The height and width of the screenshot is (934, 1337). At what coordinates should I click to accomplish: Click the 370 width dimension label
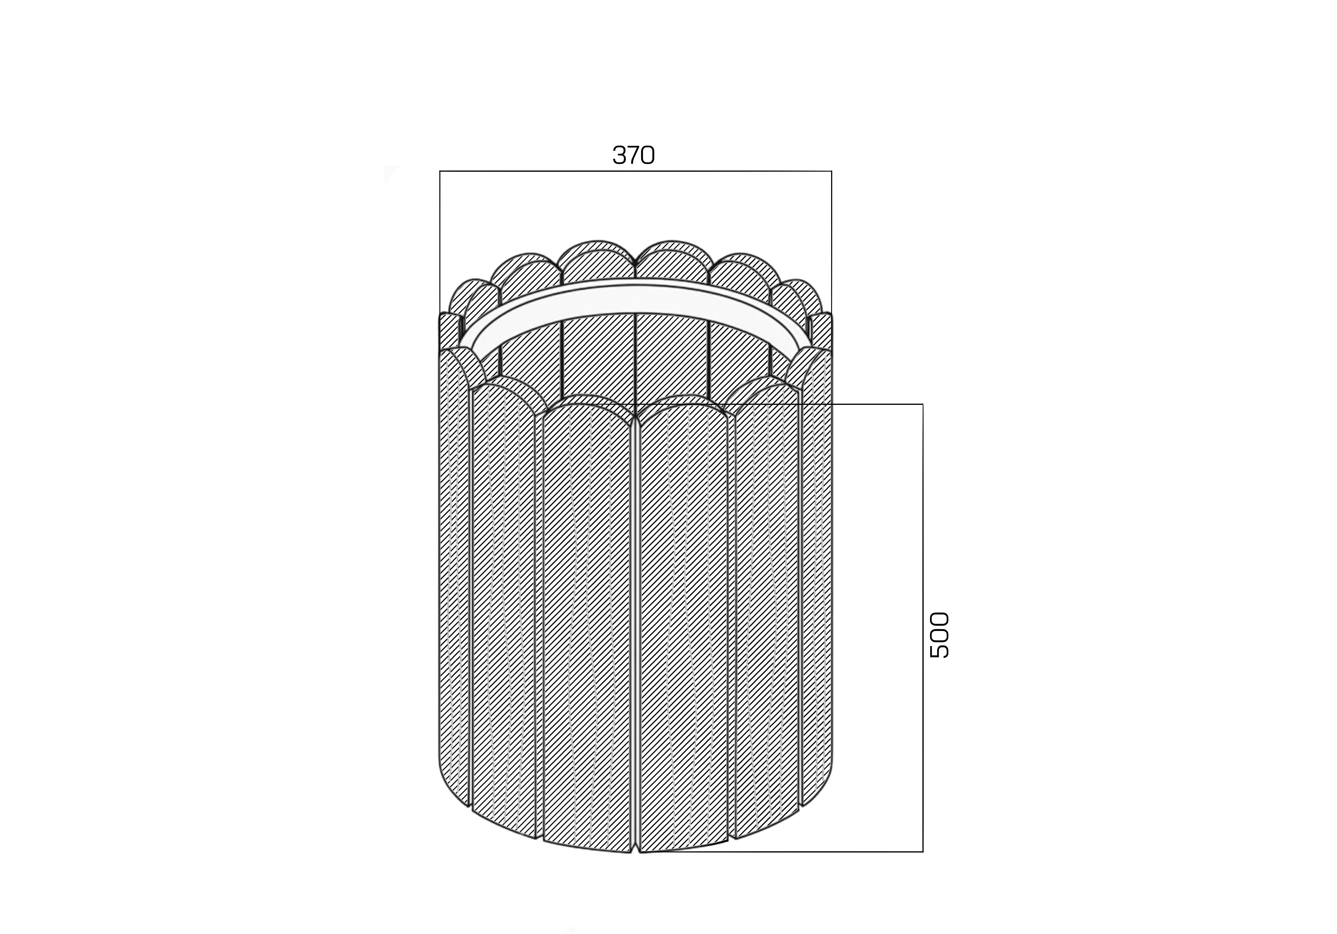coord(634,155)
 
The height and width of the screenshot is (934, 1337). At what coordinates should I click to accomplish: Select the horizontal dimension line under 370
coord(635,171)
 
